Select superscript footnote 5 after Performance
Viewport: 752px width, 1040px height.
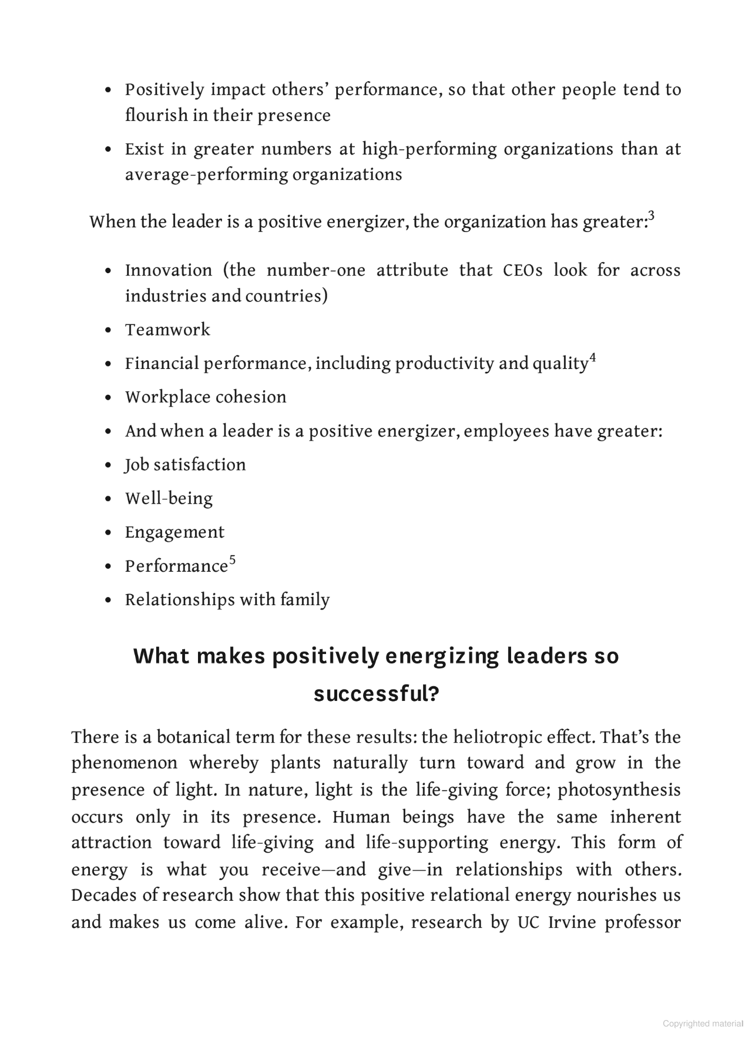pyautogui.click(x=232, y=560)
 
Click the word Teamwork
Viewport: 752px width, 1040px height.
pyautogui.click(x=167, y=330)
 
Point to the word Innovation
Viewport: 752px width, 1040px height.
pyautogui.click(x=169, y=270)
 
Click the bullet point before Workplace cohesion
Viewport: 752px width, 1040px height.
pyautogui.click(x=108, y=398)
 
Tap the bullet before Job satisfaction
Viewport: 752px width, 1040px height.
pyautogui.click(x=108, y=465)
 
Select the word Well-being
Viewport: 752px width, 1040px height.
pyautogui.click(x=169, y=499)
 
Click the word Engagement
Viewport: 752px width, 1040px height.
pyautogui.click(x=174, y=533)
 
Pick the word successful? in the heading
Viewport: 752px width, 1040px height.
pyautogui.click(x=376, y=694)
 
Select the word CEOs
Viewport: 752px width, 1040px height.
pyautogui.click(x=523, y=270)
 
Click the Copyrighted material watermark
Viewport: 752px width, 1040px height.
pyautogui.click(x=703, y=1024)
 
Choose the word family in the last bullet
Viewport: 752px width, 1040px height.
pyautogui.click(x=305, y=600)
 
